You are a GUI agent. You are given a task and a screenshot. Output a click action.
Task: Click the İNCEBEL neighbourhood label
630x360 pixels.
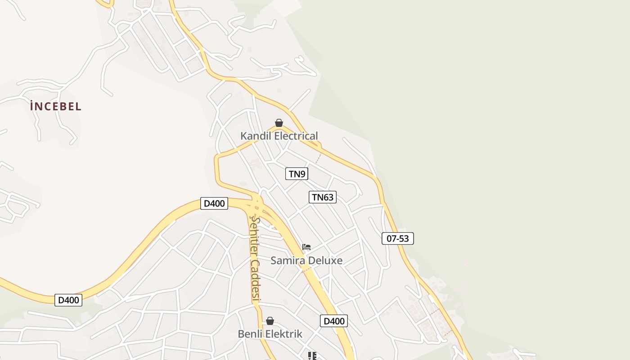point(56,107)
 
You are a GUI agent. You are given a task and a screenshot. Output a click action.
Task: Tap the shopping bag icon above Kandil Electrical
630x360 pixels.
point(279,123)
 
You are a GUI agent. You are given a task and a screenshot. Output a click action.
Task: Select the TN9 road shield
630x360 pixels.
point(297,174)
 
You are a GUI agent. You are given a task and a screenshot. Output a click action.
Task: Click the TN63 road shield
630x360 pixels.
point(323,197)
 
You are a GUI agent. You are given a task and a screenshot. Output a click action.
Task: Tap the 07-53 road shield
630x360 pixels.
point(398,238)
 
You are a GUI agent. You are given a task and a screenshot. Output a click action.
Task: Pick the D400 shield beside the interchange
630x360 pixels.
point(214,203)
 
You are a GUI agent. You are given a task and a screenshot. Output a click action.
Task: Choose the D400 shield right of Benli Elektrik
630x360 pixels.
point(334,321)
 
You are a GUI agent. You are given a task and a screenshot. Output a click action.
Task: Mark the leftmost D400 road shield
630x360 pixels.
point(68,300)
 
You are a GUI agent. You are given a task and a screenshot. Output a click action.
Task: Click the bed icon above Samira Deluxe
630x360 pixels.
point(306,247)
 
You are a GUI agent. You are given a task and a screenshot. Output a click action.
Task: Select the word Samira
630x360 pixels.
point(288,261)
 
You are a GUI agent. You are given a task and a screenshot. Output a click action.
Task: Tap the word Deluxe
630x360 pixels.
point(325,261)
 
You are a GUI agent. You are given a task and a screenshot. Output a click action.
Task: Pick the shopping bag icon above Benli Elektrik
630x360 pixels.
point(270,321)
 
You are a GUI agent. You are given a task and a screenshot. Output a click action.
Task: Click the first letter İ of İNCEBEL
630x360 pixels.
point(32,107)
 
